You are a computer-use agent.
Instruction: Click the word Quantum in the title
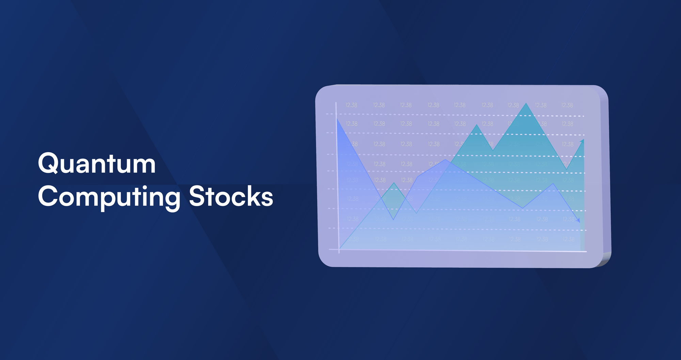click(x=97, y=164)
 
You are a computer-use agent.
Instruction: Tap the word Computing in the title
click(x=109, y=197)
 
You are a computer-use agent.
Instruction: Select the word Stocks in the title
click(x=231, y=196)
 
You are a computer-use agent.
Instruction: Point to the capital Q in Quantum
click(x=48, y=163)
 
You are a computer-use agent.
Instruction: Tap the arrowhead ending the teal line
click(x=583, y=141)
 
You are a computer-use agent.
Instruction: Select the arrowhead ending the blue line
click(x=578, y=221)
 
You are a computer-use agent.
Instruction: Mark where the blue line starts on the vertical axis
click(x=337, y=119)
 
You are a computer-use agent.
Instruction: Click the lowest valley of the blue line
click(x=393, y=219)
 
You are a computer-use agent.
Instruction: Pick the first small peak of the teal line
click(x=394, y=183)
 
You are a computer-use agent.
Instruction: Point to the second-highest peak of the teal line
click(x=477, y=125)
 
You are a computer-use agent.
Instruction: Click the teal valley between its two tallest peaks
click(x=493, y=150)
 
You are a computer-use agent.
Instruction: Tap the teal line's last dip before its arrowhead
click(x=567, y=169)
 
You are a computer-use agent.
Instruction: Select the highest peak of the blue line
click(x=445, y=160)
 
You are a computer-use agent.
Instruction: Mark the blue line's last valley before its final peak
click(x=523, y=208)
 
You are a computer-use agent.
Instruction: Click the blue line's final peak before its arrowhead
click(x=553, y=184)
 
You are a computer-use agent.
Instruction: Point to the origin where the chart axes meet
click(x=339, y=250)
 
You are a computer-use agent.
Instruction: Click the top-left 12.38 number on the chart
click(x=351, y=105)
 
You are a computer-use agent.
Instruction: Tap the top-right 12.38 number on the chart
click(x=567, y=105)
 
